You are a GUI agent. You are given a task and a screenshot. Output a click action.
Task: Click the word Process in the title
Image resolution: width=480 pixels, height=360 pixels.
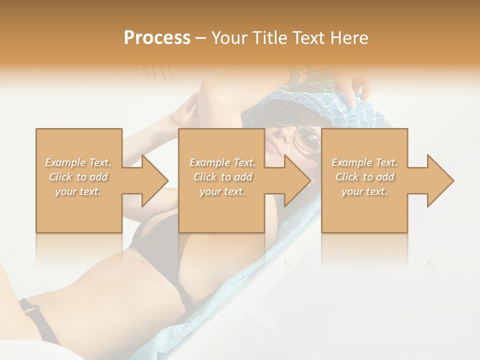click(157, 37)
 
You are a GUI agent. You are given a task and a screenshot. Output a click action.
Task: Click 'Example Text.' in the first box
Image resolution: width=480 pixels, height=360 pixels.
click(78, 162)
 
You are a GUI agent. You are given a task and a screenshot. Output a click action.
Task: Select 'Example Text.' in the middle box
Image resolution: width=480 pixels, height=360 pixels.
click(222, 162)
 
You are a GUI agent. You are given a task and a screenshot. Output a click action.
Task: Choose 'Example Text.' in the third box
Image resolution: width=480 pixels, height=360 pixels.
click(364, 162)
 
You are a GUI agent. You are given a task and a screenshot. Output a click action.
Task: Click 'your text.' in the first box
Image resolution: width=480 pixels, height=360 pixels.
click(78, 191)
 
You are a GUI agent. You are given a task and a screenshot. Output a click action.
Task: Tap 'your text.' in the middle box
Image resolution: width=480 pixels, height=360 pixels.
click(222, 191)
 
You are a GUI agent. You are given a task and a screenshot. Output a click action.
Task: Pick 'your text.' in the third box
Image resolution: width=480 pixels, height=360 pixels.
click(364, 191)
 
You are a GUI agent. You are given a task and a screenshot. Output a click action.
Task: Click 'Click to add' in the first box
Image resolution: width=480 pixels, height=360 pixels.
click(78, 177)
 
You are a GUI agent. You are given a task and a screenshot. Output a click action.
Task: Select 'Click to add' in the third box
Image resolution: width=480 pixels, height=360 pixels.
click(364, 177)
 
